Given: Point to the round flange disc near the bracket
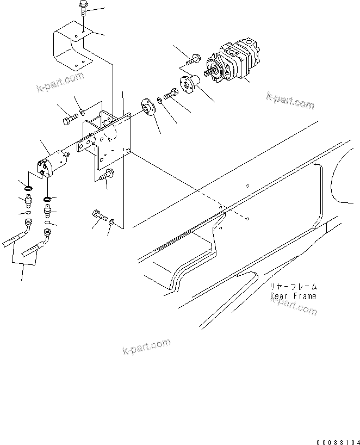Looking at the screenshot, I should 146,107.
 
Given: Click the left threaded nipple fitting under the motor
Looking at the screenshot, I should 27,200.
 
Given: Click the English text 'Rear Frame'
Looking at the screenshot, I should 293,296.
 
